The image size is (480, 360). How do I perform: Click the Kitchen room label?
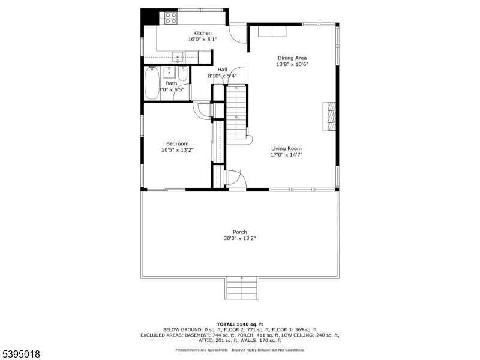pyautogui.click(x=202, y=32)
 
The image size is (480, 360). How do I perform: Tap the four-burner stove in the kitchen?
pyautogui.click(x=170, y=18)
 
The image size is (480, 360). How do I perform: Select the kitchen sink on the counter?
pyautogui.click(x=178, y=57)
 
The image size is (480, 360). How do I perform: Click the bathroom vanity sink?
pyautogui.click(x=169, y=73)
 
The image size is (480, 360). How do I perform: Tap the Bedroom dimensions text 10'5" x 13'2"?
pyautogui.click(x=178, y=151)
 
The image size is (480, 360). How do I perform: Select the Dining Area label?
pyautogui.click(x=292, y=58)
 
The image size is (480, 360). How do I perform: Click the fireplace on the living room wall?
pyautogui.click(x=329, y=116)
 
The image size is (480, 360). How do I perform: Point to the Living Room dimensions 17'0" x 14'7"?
pyautogui.click(x=286, y=155)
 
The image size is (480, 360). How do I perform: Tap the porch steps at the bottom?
pyautogui.click(x=242, y=289)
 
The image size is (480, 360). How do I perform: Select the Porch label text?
pyautogui.click(x=240, y=232)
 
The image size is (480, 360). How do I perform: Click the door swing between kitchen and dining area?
pyautogui.click(x=239, y=35)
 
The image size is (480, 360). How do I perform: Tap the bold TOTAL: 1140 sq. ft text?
pyautogui.click(x=239, y=324)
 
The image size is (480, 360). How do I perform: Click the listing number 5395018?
pyautogui.click(x=21, y=354)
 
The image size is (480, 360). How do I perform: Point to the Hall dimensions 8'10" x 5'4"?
pyautogui.click(x=222, y=76)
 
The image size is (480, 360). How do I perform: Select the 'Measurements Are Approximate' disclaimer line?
pyautogui.click(x=239, y=350)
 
